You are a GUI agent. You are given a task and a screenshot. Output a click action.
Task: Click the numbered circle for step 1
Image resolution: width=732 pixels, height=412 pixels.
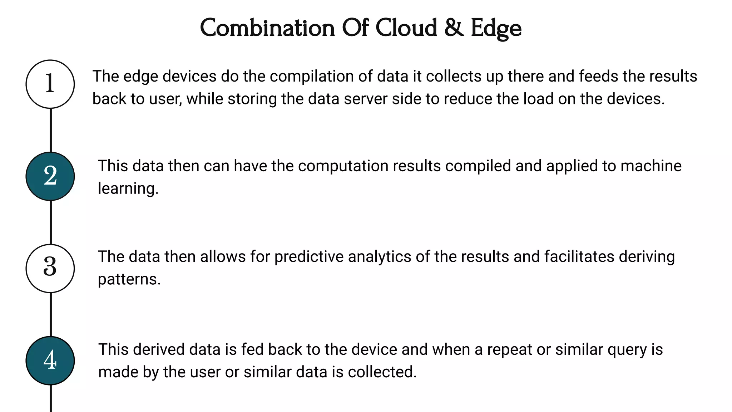tap(50, 84)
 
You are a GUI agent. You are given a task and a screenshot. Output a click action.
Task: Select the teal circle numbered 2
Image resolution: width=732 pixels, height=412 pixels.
tap(50, 176)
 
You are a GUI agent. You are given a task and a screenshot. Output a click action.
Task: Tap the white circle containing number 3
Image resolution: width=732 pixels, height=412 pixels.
tap(50, 268)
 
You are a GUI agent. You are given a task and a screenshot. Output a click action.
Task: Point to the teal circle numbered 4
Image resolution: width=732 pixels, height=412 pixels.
tap(50, 360)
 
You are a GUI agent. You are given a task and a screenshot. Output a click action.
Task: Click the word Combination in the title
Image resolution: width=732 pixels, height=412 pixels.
tap(267, 28)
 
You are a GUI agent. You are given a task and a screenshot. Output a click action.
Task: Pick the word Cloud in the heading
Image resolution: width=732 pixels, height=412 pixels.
tap(406, 28)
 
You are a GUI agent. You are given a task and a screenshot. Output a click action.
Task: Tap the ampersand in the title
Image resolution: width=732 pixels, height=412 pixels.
tap(454, 28)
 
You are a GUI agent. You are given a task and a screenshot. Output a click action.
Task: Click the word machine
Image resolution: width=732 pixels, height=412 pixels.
tap(651, 166)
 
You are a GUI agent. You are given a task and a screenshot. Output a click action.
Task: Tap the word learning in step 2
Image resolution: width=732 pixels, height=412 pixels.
tap(128, 189)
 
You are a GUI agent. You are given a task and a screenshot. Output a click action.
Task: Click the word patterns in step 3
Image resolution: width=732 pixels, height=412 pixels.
tap(129, 279)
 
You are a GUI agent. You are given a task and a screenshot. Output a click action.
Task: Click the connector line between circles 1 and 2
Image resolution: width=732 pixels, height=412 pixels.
tap(51, 130)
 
